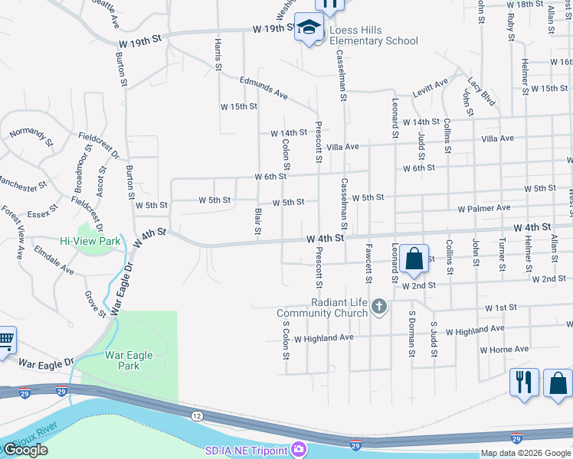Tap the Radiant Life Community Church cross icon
click(x=378, y=308)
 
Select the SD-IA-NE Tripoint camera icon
click(x=299, y=450)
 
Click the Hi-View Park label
click(x=90, y=241)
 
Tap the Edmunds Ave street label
click(x=263, y=88)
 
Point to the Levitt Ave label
click(x=430, y=88)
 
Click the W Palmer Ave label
click(x=483, y=208)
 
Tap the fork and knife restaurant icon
click(x=524, y=382)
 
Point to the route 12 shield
click(x=197, y=415)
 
